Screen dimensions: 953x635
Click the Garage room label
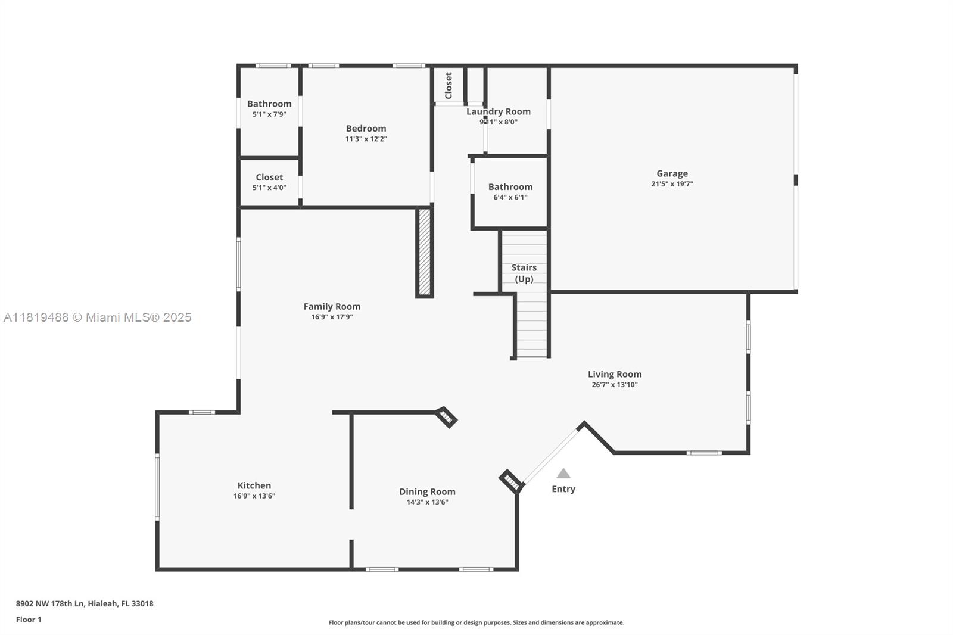click(672, 174)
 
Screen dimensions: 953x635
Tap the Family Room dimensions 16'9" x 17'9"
click(332, 317)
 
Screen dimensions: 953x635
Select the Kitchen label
click(254, 485)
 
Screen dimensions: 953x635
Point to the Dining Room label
click(427, 492)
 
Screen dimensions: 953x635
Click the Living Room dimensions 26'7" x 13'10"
click(615, 385)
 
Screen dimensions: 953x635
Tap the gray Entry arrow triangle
click(563, 473)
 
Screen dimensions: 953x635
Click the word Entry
click(563, 489)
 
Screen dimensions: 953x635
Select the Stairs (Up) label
click(524, 273)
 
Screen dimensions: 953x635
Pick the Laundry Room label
click(498, 111)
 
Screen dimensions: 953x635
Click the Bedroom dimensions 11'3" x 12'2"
click(366, 139)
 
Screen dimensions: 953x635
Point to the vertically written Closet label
click(449, 86)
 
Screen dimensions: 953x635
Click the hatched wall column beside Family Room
click(425, 252)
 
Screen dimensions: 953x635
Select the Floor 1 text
click(29, 620)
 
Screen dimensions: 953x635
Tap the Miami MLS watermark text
click(98, 317)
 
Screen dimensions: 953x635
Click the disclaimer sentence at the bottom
click(476, 622)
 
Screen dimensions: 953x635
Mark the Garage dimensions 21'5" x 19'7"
click(672, 184)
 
